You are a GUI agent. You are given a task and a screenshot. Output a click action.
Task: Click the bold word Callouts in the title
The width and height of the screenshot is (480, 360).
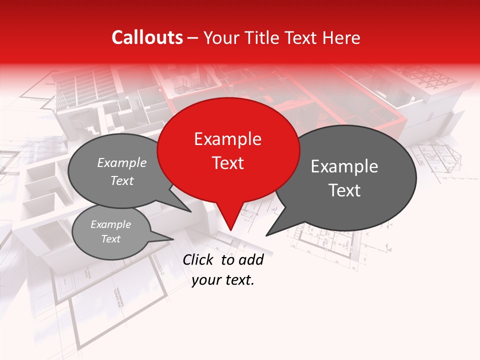(147, 37)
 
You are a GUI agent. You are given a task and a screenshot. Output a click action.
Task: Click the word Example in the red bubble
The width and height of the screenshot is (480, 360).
(227, 139)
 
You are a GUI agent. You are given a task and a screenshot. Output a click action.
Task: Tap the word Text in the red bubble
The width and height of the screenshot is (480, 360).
(227, 163)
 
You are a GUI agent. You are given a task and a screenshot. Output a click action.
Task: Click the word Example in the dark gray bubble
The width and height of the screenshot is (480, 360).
(344, 166)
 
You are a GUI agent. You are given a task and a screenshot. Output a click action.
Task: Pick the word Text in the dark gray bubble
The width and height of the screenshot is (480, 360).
(344, 190)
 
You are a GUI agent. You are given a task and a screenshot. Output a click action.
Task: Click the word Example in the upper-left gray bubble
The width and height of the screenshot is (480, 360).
(122, 163)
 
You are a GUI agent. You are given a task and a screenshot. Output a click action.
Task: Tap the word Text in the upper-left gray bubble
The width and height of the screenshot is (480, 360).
(122, 180)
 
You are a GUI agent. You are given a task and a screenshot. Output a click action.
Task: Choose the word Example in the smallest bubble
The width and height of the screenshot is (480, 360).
(110, 224)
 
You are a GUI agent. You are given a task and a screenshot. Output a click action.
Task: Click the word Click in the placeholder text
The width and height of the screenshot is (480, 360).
(198, 259)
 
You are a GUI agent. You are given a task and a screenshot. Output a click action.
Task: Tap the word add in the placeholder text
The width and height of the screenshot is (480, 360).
(250, 259)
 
